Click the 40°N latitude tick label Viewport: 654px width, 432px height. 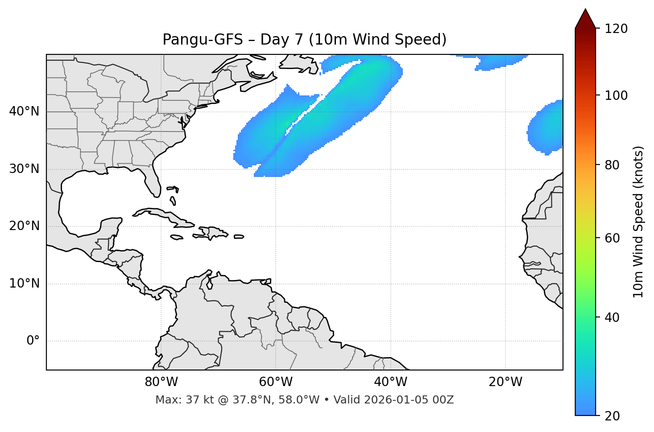pos(24,111)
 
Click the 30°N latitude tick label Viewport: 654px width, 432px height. pos(24,169)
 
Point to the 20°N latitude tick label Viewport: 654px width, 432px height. pos(24,226)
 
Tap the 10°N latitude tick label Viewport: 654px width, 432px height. pos(24,284)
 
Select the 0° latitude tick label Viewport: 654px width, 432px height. pos(33,341)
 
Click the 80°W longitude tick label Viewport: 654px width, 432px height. pos(161,382)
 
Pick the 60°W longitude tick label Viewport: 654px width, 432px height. pos(276,382)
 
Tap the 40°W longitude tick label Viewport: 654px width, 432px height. pos(391,382)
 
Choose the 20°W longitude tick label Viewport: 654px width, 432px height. pos(505,382)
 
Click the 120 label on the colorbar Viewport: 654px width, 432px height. pos(616,29)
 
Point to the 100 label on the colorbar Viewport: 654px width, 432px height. pos(616,95)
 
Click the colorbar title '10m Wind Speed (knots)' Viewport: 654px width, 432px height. pos(638,222)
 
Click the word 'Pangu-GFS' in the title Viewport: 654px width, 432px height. pos(203,40)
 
